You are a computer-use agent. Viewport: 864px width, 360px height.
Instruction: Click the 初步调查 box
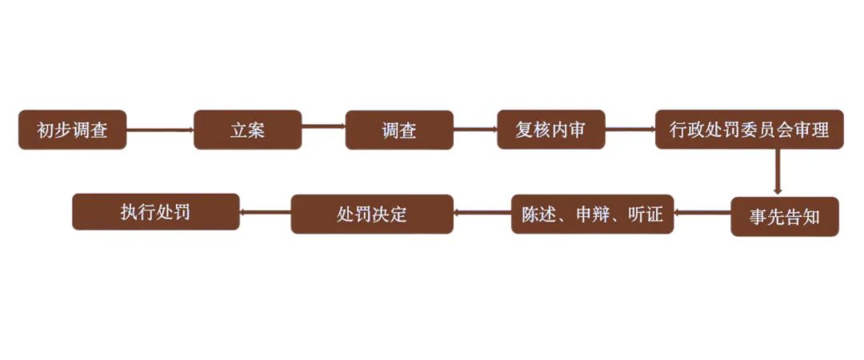pos(72,130)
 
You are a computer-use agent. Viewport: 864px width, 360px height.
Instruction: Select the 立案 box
pos(247,130)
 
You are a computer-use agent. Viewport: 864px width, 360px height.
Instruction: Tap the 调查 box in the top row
pos(399,130)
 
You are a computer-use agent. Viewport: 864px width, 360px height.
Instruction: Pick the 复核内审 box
pos(550,130)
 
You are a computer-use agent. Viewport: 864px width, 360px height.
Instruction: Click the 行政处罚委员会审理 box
pos(749,130)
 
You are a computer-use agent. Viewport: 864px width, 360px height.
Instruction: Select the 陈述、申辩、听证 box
pos(592,214)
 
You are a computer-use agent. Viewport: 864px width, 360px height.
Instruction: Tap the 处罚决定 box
pos(372,214)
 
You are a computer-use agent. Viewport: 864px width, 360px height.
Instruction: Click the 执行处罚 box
pos(155,212)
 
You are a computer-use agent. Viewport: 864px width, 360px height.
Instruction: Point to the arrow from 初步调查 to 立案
pos(160,130)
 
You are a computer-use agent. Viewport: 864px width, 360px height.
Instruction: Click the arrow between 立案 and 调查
pos(323,127)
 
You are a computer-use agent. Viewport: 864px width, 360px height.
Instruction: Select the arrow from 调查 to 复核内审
pos(475,127)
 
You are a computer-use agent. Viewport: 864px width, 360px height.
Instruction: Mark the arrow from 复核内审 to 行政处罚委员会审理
pos(630,128)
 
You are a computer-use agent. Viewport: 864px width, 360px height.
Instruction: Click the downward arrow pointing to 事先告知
pos(777,171)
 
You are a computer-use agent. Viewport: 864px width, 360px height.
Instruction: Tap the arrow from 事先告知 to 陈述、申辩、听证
pos(702,214)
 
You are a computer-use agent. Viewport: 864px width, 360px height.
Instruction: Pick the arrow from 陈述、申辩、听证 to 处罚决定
pos(482,214)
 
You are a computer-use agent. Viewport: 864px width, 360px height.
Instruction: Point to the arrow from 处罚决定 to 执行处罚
pos(265,213)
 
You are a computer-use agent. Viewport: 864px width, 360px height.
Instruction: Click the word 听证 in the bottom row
pos(646,214)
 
